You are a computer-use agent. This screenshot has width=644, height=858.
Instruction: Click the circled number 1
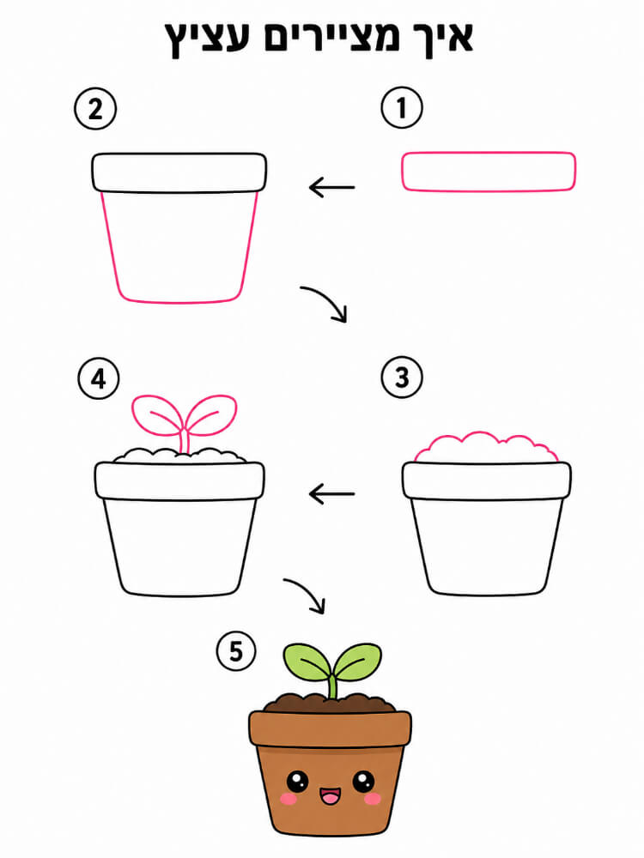pos(402,107)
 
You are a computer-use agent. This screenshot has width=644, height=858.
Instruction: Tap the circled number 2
pos(95,108)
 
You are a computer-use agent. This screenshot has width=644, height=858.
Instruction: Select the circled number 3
pos(402,377)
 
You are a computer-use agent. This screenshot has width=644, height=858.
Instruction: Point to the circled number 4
pos(99,378)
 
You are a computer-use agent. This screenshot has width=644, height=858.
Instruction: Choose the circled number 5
pos(236,651)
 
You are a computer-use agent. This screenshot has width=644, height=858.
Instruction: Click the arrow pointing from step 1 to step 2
pos(331,188)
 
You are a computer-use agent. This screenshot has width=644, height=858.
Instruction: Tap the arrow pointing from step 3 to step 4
pos(331,494)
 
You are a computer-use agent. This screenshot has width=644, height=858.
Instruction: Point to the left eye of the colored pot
pos(297,781)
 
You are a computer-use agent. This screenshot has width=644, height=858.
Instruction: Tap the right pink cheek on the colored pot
pos(373,800)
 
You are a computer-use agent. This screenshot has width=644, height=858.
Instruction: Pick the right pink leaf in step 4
pos(212,414)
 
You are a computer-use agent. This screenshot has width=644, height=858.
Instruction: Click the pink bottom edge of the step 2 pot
pos(179,302)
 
